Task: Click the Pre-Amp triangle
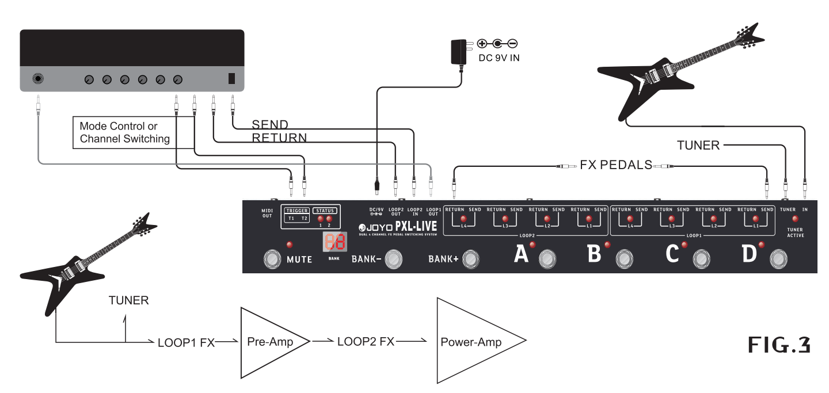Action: click(271, 342)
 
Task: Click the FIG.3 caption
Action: click(779, 345)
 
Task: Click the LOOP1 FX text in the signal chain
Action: click(186, 342)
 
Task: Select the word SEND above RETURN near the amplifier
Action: click(271, 125)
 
